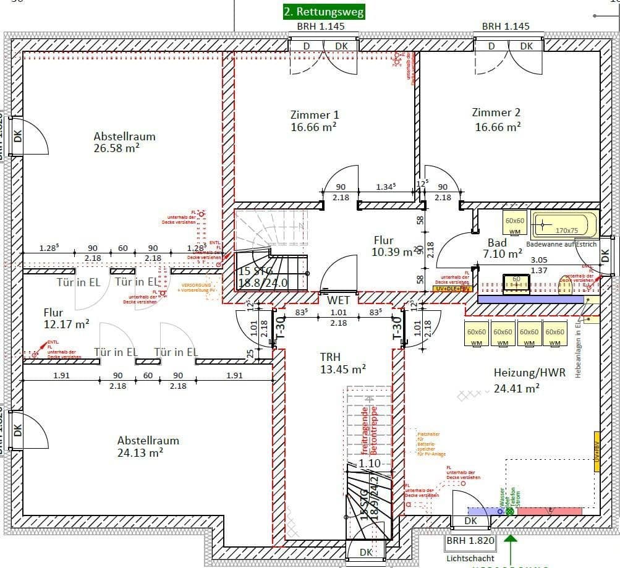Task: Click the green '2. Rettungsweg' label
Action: click(x=323, y=11)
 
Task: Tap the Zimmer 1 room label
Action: click(x=314, y=121)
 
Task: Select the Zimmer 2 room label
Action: click(x=496, y=119)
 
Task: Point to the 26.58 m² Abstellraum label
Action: click(x=124, y=142)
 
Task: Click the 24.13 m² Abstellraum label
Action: click(x=148, y=446)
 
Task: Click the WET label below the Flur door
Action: click(x=334, y=300)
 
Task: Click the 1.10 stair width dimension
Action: click(x=370, y=463)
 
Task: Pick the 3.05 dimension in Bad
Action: click(x=540, y=260)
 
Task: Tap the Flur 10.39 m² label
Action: click(x=393, y=246)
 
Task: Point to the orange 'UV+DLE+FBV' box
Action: click(x=453, y=289)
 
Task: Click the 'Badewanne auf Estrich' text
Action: click(x=561, y=244)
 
